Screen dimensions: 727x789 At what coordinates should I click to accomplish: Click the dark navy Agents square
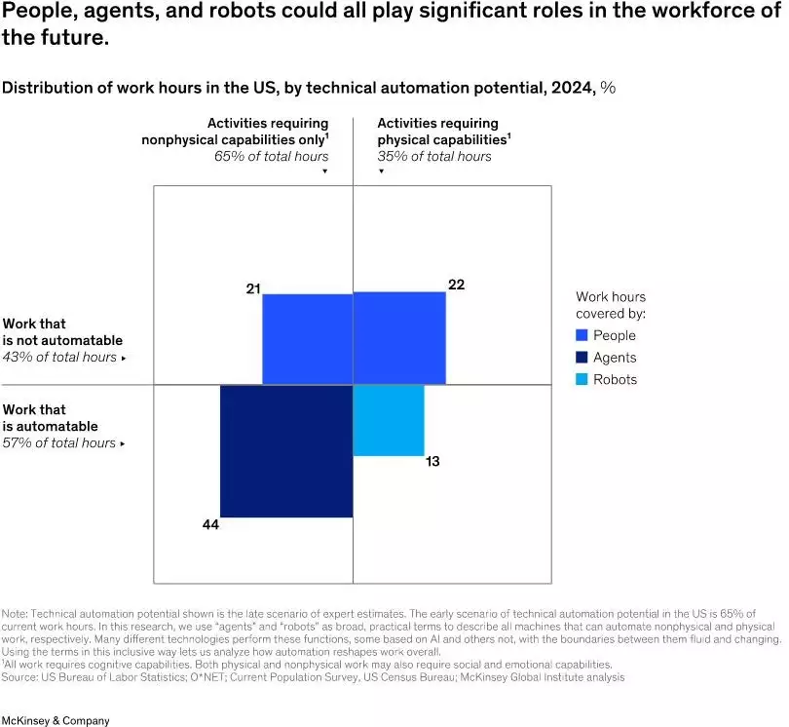click(286, 451)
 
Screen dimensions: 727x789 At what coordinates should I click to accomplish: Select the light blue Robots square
click(388, 420)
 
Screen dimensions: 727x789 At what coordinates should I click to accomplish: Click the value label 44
click(210, 525)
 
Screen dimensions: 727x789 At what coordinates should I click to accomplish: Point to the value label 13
click(432, 461)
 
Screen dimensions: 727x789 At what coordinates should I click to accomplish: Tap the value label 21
click(253, 289)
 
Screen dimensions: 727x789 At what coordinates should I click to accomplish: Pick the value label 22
click(456, 285)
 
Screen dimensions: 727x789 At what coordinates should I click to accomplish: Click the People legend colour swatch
click(582, 335)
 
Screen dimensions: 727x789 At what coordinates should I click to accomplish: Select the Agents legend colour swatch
click(582, 358)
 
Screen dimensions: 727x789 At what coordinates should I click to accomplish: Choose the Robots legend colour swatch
click(582, 379)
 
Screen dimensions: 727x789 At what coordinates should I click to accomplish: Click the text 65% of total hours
click(272, 156)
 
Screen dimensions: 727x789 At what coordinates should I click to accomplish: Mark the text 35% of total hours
click(434, 156)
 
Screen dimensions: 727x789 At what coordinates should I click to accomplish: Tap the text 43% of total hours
click(60, 357)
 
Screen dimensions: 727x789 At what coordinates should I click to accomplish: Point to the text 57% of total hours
click(60, 442)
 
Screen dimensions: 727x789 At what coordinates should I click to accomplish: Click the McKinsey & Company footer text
click(56, 720)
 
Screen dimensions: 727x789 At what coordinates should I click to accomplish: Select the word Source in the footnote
click(20, 676)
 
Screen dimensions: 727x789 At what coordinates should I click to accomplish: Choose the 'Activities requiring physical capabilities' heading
click(444, 131)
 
